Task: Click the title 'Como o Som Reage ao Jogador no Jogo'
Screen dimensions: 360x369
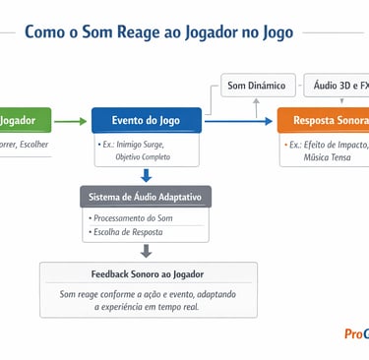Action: click(164, 32)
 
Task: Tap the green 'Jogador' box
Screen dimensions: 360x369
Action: click(18, 120)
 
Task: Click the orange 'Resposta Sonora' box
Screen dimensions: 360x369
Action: click(324, 120)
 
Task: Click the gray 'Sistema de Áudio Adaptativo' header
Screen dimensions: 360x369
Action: click(146, 197)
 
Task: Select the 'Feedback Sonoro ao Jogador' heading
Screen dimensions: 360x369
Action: click(148, 273)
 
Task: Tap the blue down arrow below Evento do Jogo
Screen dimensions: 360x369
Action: click(146, 176)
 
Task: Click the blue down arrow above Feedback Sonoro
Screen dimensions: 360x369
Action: click(146, 251)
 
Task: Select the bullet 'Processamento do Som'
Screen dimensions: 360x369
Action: click(132, 217)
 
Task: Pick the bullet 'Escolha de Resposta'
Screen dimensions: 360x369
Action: click(128, 232)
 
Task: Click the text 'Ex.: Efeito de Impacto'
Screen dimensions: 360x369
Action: click(327, 144)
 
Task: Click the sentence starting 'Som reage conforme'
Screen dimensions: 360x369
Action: click(148, 293)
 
